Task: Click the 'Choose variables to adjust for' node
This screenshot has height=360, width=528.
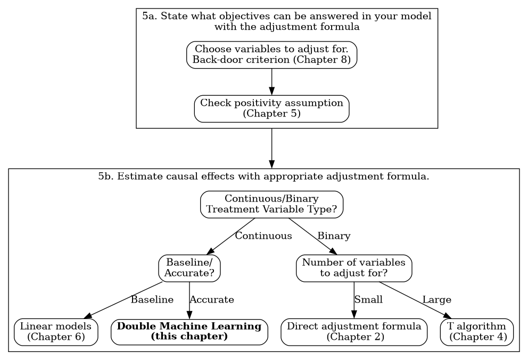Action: (271, 55)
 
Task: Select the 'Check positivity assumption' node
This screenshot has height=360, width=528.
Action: (271, 109)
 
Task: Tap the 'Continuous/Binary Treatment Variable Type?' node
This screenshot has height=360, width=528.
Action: (271, 204)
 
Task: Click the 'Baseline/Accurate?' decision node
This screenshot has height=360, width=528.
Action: (189, 268)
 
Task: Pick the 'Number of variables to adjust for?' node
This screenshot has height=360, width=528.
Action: (354, 268)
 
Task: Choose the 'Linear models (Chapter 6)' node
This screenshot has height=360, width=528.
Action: (56, 332)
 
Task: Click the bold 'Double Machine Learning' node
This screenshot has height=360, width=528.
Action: (189, 332)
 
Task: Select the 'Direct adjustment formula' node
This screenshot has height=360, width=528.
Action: (354, 332)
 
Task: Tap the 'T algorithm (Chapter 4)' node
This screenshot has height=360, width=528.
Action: (477, 332)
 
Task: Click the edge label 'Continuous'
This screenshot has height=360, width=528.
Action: (263, 236)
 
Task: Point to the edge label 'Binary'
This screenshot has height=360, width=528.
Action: (334, 236)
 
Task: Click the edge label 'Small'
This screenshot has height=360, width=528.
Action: (368, 299)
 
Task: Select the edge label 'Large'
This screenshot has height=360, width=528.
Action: (436, 299)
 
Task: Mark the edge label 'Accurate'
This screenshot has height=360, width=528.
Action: (211, 299)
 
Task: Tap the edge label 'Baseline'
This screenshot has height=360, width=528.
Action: (152, 299)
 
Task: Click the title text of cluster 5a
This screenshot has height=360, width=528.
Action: (287, 21)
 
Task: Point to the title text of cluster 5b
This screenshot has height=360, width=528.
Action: (263, 176)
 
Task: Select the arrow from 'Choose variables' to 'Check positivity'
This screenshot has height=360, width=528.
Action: (271, 82)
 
